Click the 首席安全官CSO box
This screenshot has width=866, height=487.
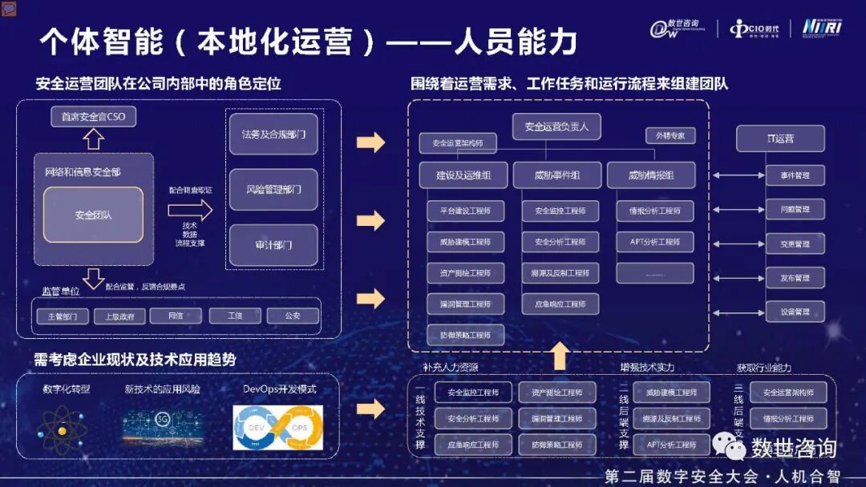tap(94, 117)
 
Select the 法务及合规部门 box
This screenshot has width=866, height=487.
tap(273, 135)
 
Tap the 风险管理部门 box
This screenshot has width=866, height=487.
tap(273, 190)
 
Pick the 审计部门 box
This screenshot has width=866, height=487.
tap(273, 245)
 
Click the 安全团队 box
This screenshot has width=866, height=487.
tap(93, 215)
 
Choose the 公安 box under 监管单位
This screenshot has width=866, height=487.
tap(293, 316)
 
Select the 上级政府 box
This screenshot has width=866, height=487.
tap(119, 316)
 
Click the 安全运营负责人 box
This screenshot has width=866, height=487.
tap(556, 127)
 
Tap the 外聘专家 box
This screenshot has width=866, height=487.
tap(670, 136)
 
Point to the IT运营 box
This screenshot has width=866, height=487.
tap(779, 139)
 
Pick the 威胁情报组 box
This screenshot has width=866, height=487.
tap(650, 175)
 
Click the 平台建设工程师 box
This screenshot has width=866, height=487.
tap(465, 211)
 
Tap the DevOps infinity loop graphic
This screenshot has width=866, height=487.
tap(277, 427)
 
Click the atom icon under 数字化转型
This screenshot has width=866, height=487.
tap(63, 429)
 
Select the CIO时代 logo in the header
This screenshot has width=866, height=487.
tap(756, 29)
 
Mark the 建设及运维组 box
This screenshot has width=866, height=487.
tap(463, 175)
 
